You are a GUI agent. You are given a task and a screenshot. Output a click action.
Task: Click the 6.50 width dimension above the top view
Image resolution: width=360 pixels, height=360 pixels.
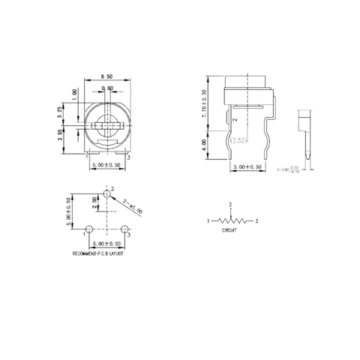pyautogui.click(x=107, y=77)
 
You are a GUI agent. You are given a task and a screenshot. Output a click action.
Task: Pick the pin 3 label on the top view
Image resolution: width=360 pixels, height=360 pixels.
pyautogui.click(x=128, y=157)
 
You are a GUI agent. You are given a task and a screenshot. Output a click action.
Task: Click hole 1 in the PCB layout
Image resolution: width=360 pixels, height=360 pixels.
pyautogui.click(x=90, y=227)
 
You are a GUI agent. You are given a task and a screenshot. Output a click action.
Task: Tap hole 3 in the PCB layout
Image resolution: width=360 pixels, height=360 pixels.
pyautogui.click(x=124, y=227)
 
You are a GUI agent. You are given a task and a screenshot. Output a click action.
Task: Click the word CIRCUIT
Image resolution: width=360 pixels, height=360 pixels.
pyautogui.click(x=229, y=232)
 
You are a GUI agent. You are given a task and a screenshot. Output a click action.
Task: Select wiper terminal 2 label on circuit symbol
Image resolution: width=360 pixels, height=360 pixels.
pyautogui.click(x=230, y=204)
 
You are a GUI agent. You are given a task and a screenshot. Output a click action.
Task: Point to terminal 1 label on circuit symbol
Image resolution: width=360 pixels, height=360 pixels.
pyautogui.click(x=208, y=221)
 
